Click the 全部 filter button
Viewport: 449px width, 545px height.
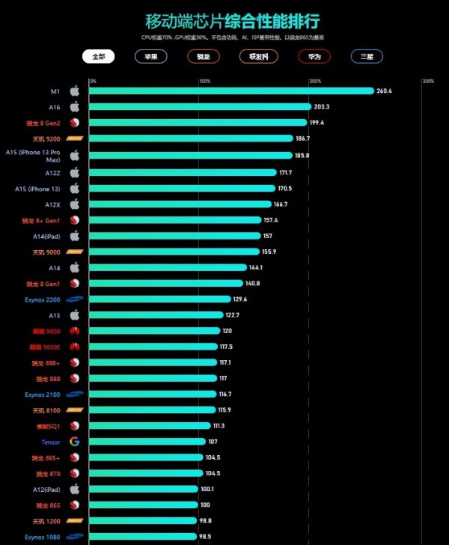[x=98, y=56]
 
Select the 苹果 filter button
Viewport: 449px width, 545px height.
[x=151, y=56]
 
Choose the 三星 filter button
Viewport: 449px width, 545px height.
[x=367, y=56]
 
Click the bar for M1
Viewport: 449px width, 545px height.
[x=231, y=91]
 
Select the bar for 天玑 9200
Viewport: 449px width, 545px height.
[x=191, y=138]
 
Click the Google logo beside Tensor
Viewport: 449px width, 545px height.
[x=74, y=442]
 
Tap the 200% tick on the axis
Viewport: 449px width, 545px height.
[x=315, y=81]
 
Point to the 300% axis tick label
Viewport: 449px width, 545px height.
[x=427, y=81]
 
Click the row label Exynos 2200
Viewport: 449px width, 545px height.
[x=43, y=299]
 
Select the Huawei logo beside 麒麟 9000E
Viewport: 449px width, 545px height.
[x=74, y=347]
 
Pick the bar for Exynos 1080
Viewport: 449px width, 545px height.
[x=143, y=537]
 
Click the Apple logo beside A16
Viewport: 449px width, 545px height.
[x=74, y=107]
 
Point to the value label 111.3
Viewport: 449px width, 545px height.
[x=219, y=426]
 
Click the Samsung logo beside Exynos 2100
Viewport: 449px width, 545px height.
[x=74, y=394]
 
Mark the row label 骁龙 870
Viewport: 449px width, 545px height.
[x=46, y=474]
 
